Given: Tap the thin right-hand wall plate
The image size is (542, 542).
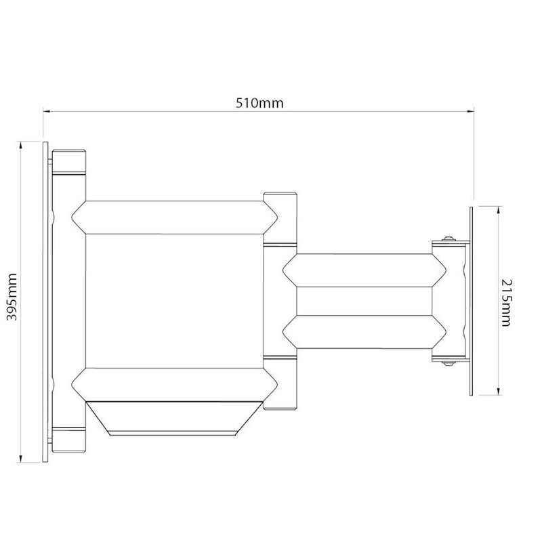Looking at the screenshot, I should [470, 302].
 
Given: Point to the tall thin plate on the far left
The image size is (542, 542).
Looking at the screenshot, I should [45, 302].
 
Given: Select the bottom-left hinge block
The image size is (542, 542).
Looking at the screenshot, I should [69, 438].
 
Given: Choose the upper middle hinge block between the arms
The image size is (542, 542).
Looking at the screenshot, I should [280, 218].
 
